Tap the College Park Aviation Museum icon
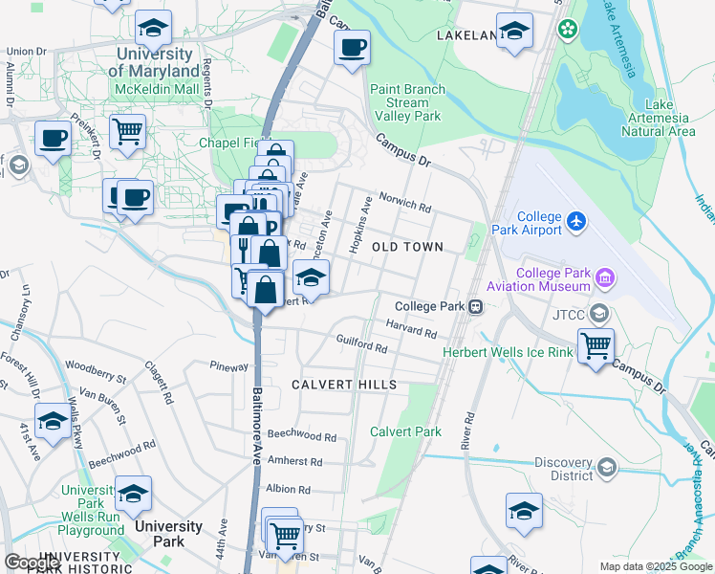tap(604, 278)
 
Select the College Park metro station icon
tap(475, 307)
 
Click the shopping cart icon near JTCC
tap(596, 344)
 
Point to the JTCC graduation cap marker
tap(599, 312)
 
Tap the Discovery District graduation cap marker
tap(605, 467)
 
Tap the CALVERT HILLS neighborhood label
tap(344, 385)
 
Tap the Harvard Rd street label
tap(411, 329)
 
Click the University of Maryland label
tap(153, 63)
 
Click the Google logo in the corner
tap(32, 562)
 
